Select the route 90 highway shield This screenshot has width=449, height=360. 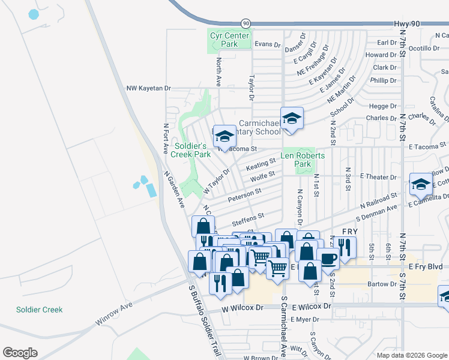(246, 23)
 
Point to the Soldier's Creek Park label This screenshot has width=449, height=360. (191, 150)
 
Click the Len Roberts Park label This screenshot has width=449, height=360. (303, 160)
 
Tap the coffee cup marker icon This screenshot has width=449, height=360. (328, 258)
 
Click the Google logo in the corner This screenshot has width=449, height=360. (20, 352)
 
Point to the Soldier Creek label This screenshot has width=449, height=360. (39, 310)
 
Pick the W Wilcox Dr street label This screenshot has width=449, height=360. (243, 307)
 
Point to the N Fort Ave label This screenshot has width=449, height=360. (166, 140)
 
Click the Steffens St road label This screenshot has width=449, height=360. (252, 216)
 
